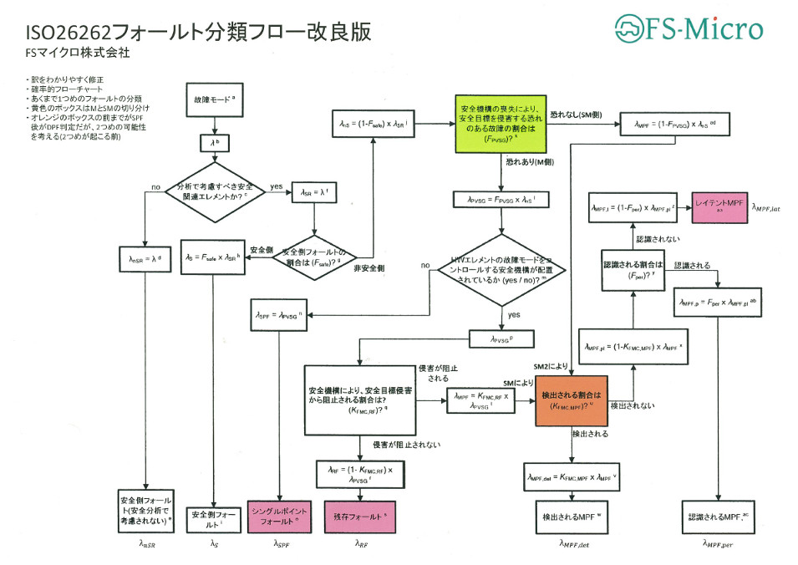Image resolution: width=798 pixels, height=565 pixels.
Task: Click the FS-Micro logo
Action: (x=689, y=29)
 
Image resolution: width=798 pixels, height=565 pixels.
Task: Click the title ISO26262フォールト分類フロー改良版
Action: (x=199, y=32)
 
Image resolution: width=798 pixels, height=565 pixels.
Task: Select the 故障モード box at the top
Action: (x=215, y=99)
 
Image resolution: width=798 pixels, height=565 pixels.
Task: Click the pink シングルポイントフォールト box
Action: (x=280, y=517)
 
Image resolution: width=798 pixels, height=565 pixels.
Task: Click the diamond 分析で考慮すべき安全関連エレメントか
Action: (x=216, y=191)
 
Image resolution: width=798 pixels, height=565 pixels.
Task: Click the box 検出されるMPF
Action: (x=572, y=517)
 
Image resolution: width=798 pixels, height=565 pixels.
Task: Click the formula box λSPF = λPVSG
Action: (x=280, y=316)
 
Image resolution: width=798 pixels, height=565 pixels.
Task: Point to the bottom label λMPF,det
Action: (x=573, y=544)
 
